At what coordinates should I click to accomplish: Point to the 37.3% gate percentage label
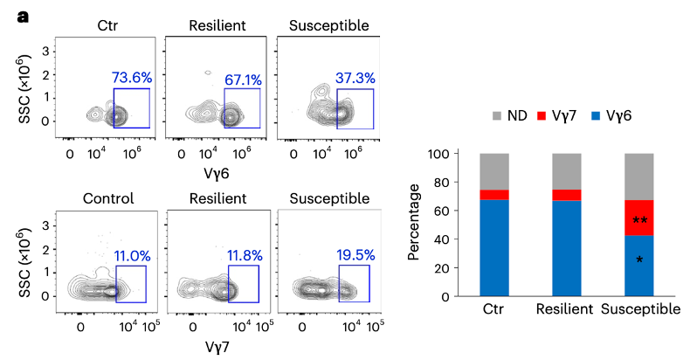(355, 79)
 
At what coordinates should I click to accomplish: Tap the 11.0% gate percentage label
(131, 256)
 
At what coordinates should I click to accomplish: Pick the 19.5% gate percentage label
(355, 256)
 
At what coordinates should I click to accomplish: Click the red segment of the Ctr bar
(494, 195)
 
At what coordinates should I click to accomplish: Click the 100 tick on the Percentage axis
(438, 154)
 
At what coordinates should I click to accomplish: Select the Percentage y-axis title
(413, 225)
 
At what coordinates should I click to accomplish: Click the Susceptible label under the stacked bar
(642, 310)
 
